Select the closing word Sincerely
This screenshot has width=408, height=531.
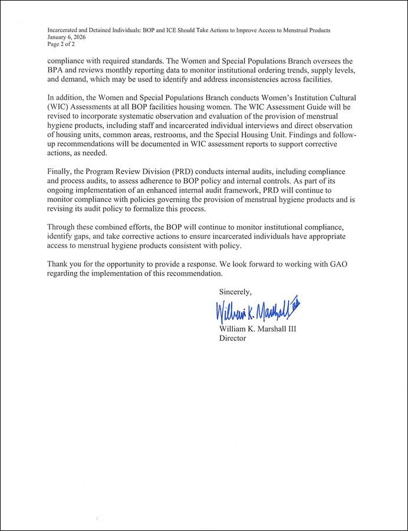tap(235, 292)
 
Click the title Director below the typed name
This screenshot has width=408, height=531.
tap(232, 338)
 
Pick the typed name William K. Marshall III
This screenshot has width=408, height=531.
tap(258, 329)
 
